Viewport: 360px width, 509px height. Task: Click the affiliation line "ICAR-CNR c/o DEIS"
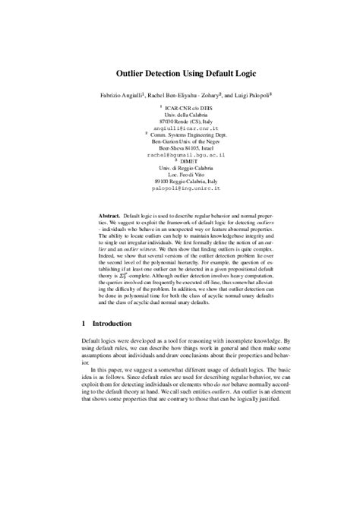tap(181, 108)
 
